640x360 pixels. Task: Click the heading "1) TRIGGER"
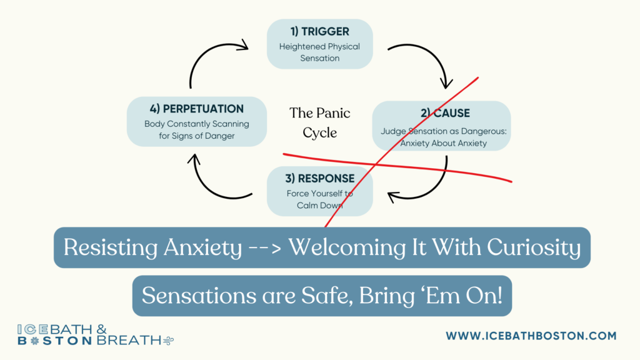point(319,31)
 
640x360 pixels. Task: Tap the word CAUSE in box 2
point(451,113)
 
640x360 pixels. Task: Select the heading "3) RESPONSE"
point(319,178)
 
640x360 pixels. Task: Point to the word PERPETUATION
point(203,109)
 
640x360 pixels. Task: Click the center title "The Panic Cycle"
point(319,122)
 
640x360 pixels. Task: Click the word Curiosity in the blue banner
point(534,247)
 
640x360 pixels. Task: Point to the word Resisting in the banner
point(110,247)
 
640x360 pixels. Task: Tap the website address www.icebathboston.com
point(531,336)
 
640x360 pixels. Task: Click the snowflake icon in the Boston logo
point(34,341)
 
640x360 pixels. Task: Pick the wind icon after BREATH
point(169,341)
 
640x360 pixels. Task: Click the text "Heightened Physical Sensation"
point(319,52)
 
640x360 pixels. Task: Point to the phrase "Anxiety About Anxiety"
point(443,143)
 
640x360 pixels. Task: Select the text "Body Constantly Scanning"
point(197,124)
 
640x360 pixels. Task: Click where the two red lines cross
point(376,164)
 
